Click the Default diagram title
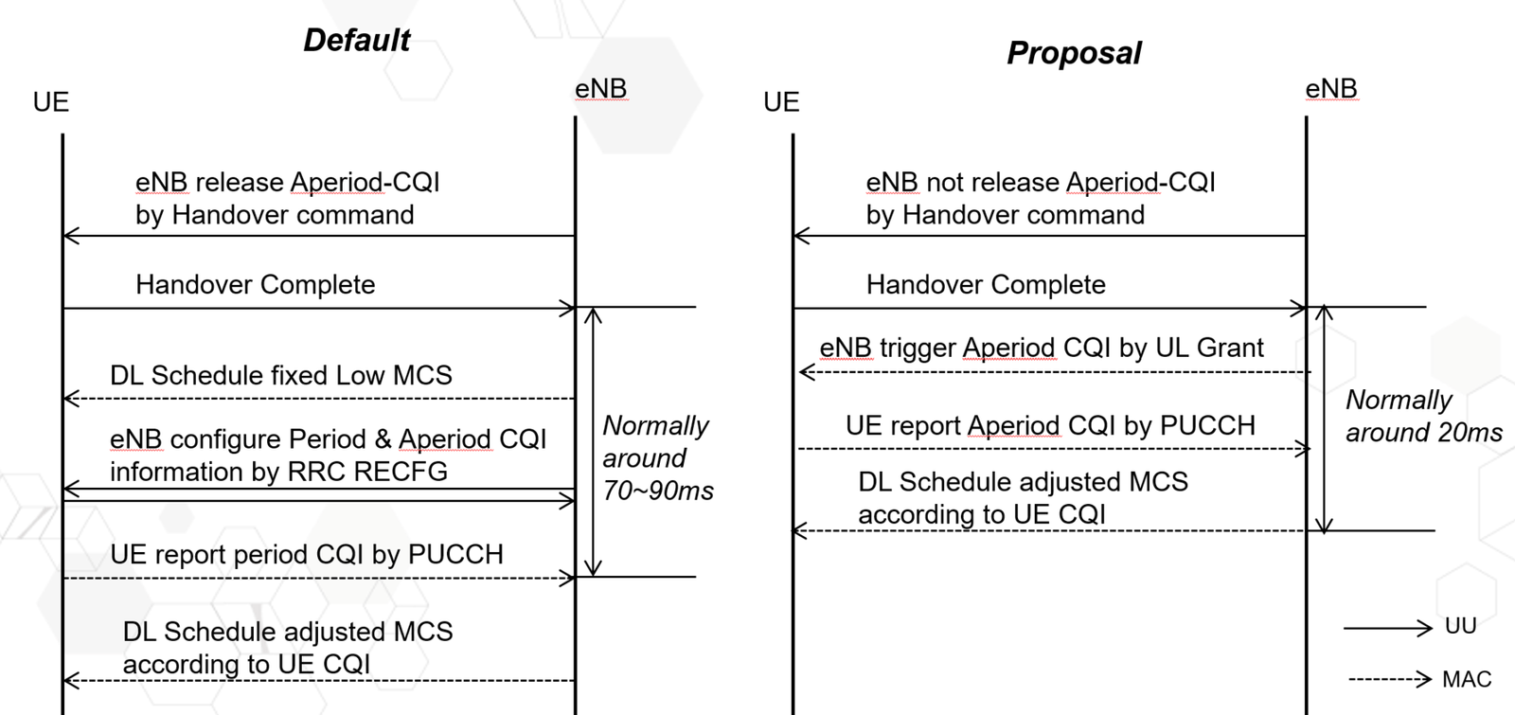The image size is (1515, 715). (356, 40)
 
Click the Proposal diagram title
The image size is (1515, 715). (1074, 53)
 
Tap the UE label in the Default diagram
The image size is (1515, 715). (51, 102)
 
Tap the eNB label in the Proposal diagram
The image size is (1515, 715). (1330, 89)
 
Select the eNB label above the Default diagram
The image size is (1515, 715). (600, 89)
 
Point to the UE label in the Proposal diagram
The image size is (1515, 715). (781, 102)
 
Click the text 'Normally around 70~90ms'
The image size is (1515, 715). (657, 458)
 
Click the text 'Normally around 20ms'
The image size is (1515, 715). (1422, 417)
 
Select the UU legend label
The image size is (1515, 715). (1460, 626)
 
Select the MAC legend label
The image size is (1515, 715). (1466, 679)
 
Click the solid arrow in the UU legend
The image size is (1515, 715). (1387, 627)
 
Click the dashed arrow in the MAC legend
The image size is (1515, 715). (1388, 679)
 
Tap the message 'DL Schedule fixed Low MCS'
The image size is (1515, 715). (280, 376)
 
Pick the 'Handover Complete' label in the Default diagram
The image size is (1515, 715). (255, 285)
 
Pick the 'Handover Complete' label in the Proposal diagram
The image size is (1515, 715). (986, 285)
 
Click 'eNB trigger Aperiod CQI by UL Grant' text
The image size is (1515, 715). (1041, 349)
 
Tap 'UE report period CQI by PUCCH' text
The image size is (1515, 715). (306, 555)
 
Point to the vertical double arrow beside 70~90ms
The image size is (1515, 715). (593, 441)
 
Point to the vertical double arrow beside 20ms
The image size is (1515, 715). (1325, 419)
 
